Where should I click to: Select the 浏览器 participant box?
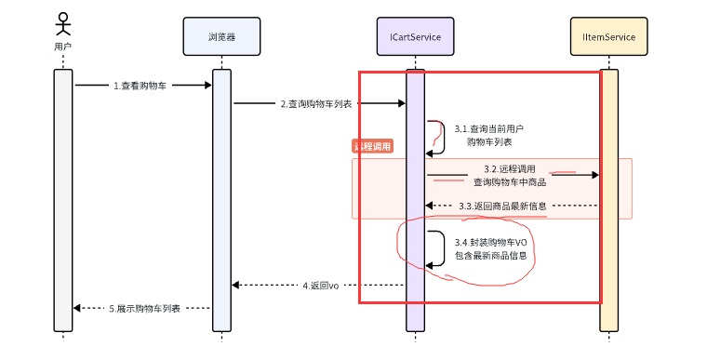pos(221,36)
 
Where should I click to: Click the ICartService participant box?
pos(415,36)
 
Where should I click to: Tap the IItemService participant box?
pos(608,36)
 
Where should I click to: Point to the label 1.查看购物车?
pos(140,86)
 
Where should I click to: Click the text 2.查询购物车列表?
pos(316,104)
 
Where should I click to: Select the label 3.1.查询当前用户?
pos(489,128)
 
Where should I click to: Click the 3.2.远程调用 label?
pos(510,169)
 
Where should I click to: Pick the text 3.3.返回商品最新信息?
pos(502,205)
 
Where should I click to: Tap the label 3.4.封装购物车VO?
pos(489,242)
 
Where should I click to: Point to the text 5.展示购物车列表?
pos(145,308)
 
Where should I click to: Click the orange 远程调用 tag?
pos(372,147)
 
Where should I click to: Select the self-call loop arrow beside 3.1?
pos(437,137)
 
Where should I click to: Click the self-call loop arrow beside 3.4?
pos(437,248)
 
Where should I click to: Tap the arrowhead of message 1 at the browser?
pos(207,86)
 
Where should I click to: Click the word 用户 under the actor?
pos(62,46)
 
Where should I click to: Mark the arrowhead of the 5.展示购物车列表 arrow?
pos(78,308)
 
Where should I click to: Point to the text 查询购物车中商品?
pos(510,181)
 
